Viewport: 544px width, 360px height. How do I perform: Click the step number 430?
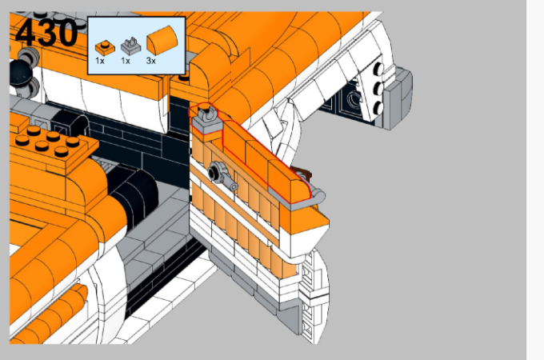46,32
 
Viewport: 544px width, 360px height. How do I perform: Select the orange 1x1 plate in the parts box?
105,48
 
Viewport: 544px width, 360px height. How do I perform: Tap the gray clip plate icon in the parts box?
130,46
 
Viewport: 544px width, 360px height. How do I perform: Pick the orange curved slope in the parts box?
162,39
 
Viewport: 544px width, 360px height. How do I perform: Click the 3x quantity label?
151,61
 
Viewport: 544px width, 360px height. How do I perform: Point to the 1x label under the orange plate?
100,61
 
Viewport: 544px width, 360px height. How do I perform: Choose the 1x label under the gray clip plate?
126,61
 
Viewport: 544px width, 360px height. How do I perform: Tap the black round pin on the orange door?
214,171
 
